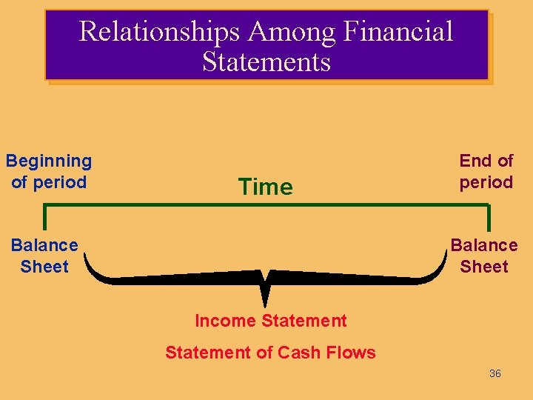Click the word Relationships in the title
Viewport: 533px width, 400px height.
tap(160, 31)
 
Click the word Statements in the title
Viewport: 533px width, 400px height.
tap(266, 61)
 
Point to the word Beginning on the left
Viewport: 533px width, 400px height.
tap(49, 161)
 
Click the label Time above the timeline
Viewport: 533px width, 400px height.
tap(265, 187)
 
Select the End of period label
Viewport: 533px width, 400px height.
tap(486, 171)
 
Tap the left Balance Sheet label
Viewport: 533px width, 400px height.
tap(44, 256)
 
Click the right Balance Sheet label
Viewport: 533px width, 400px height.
tap(484, 256)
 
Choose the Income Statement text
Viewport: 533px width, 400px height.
tap(270, 321)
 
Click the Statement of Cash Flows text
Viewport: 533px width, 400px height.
tap(270, 353)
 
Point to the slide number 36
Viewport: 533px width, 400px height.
tap(495, 373)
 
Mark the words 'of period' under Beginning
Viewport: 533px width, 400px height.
tap(49, 182)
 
